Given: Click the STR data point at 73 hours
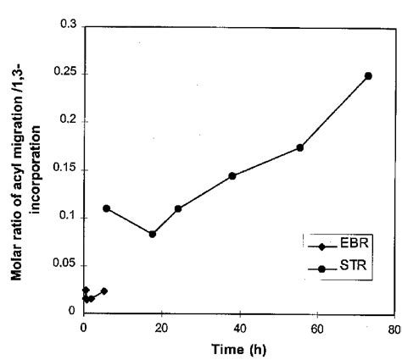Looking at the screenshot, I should [368, 76].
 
